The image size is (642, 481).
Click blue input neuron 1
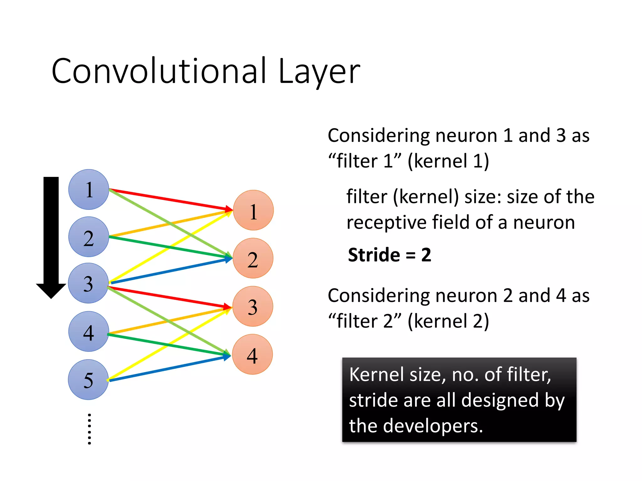89,189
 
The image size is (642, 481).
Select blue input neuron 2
89,237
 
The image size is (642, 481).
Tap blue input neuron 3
88,283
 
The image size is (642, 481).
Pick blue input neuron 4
89,332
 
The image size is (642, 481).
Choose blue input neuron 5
88,380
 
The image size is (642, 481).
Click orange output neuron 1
253,210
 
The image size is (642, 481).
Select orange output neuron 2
253,258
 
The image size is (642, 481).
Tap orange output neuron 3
253,307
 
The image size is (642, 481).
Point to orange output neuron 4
252,354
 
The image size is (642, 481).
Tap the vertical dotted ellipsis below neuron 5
89,429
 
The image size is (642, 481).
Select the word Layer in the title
319,71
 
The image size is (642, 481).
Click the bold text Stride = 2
390,255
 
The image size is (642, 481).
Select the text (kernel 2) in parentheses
448,321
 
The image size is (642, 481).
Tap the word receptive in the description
386,223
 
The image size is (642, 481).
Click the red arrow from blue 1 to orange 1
169,199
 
